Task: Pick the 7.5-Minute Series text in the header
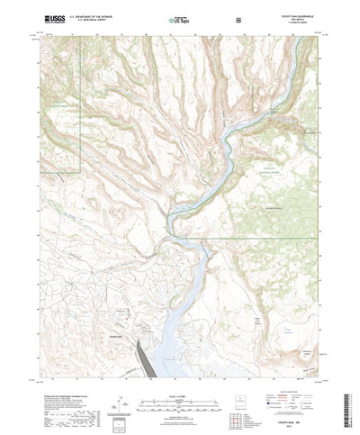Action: (304, 22)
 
